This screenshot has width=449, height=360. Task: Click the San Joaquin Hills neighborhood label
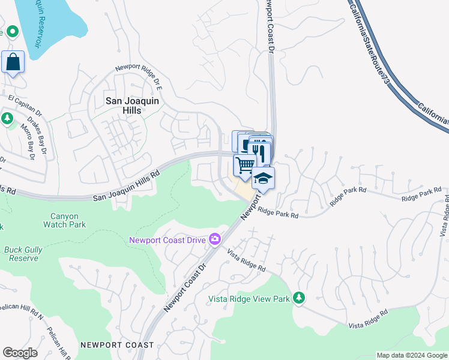click(x=132, y=106)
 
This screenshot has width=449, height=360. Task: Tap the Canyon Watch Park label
click(x=64, y=220)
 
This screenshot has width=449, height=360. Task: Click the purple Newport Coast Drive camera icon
click(x=215, y=240)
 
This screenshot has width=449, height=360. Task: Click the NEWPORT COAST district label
click(x=118, y=345)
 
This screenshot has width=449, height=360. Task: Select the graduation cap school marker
click(x=263, y=178)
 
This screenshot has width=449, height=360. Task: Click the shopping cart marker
click(x=245, y=165)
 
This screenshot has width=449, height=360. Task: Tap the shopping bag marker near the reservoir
click(x=13, y=62)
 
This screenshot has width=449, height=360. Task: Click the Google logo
click(x=20, y=352)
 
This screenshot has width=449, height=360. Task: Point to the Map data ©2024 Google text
click(x=412, y=355)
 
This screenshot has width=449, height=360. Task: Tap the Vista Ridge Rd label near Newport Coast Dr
click(x=246, y=260)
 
